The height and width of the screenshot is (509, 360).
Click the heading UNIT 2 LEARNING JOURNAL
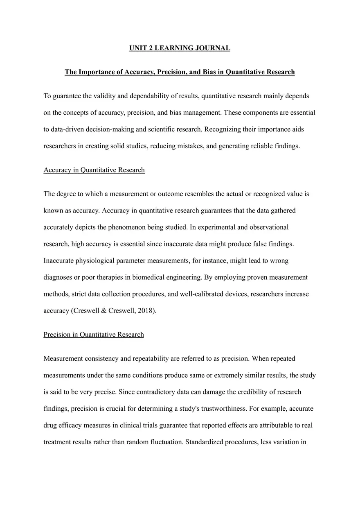[180, 48]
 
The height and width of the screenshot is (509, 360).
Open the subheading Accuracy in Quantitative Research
[94, 170]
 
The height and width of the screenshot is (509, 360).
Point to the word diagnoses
[57, 277]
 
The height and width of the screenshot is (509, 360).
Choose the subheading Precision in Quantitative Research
[94, 335]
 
